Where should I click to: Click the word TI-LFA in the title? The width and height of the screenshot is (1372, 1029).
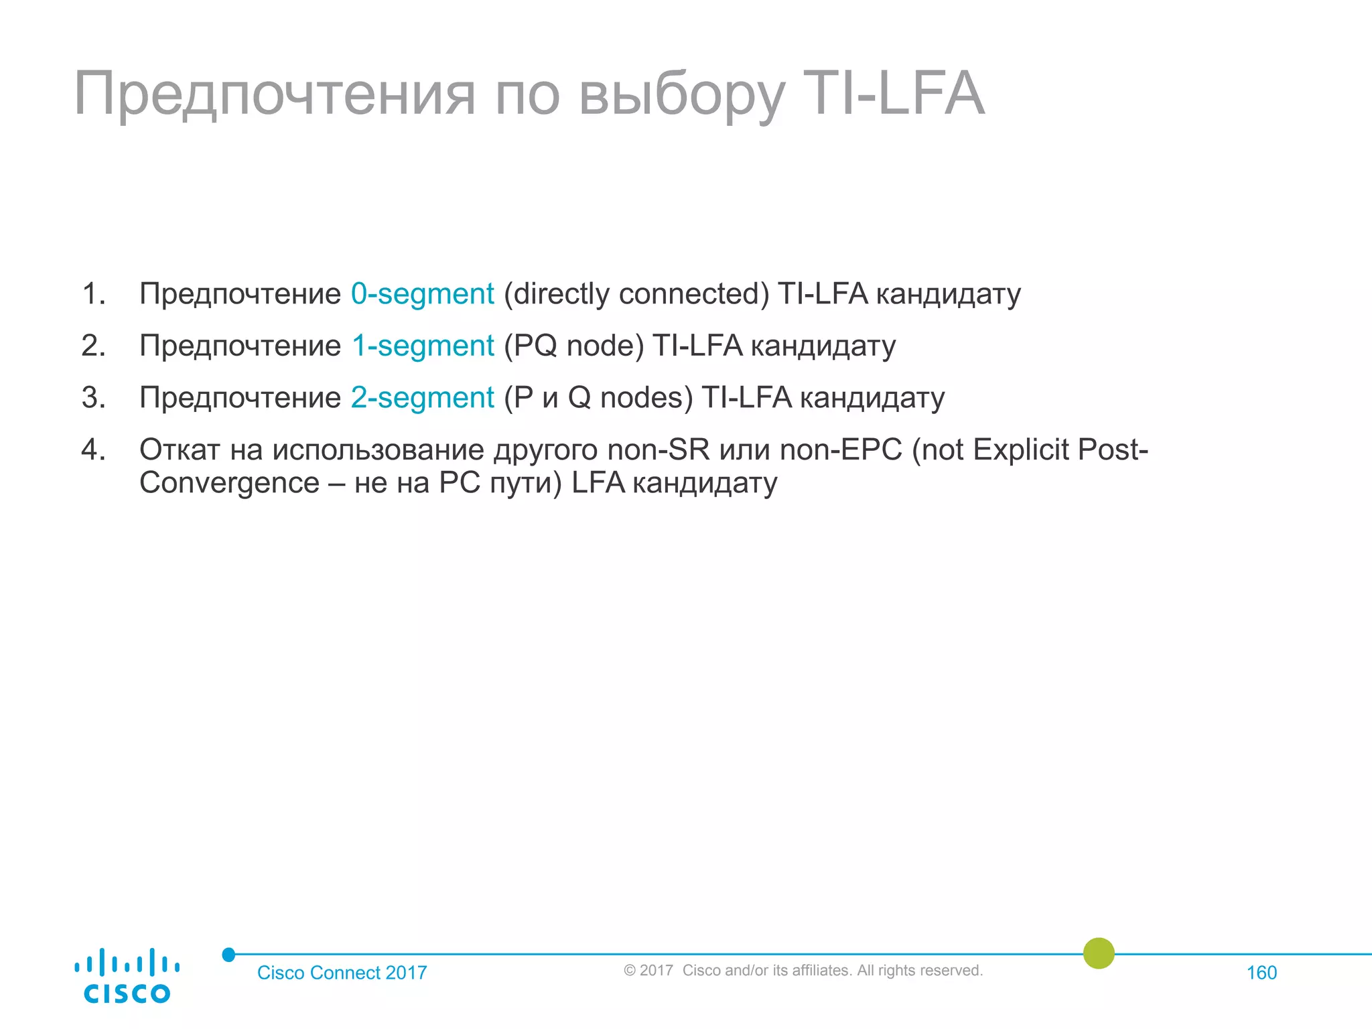point(893,94)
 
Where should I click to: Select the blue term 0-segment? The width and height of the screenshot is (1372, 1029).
point(422,293)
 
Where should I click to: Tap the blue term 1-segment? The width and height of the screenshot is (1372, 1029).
point(423,346)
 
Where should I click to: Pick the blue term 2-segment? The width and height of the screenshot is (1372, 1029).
point(422,397)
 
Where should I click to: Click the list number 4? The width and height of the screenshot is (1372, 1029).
point(94,450)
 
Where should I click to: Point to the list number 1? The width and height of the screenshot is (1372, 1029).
point(94,293)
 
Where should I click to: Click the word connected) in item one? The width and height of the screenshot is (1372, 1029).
point(694,293)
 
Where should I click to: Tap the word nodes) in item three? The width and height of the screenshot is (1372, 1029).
point(646,397)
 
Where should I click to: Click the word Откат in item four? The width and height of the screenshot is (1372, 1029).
point(180,450)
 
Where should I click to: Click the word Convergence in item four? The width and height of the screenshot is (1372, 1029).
point(229,483)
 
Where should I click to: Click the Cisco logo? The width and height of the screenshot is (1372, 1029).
point(127,975)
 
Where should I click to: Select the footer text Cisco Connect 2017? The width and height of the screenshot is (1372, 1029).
point(342,973)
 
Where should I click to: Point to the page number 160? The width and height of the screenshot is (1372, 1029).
point(1261,973)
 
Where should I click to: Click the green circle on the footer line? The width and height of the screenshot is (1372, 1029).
point(1099,953)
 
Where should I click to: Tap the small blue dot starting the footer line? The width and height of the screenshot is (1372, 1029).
point(228,955)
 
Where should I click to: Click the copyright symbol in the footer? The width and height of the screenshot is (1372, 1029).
point(629,971)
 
